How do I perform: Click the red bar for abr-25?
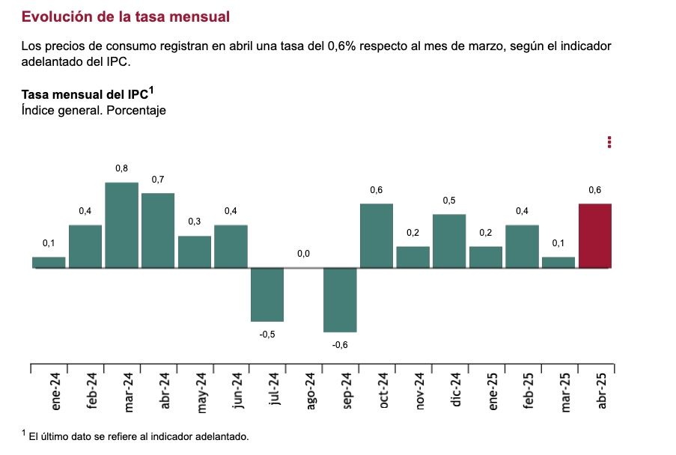[595, 236]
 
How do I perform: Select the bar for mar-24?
[121, 225]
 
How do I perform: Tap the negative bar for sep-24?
[340, 300]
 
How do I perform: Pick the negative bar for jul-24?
[267, 295]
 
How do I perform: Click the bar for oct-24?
[377, 236]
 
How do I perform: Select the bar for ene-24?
[49, 263]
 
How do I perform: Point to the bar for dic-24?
[449, 241]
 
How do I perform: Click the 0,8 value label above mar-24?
[121, 168]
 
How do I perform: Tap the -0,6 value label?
[340, 345]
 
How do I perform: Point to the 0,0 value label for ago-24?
[303, 254]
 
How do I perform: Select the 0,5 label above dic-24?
[449, 201]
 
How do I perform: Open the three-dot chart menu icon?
[610, 142]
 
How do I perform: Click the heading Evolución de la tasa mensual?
[126, 16]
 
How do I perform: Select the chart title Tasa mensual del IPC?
[87, 94]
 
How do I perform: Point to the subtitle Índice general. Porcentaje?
[94, 110]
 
